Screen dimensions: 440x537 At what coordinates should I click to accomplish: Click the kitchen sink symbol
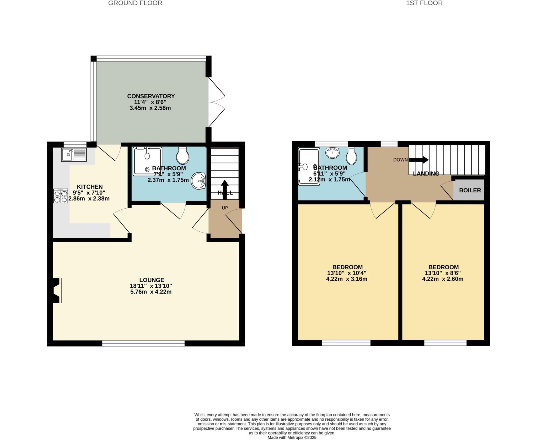(x=74, y=155)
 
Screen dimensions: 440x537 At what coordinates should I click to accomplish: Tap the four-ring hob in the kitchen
(x=61, y=196)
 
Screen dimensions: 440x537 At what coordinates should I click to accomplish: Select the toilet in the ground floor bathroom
(x=183, y=155)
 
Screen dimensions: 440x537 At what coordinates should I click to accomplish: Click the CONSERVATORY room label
(x=151, y=96)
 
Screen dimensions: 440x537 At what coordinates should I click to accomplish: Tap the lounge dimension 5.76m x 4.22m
(x=151, y=292)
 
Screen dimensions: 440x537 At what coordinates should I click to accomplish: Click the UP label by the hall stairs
(x=225, y=208)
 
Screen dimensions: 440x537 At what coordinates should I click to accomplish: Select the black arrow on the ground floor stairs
(x=225, y=189)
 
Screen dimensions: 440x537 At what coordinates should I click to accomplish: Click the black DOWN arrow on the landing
(x=418, y=160)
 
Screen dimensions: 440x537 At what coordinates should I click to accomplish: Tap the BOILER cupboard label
(x=470, y=190)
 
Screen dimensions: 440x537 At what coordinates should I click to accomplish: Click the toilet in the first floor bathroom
(x=351, y=157)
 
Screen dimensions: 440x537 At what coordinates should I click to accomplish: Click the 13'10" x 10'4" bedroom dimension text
(x=347, y=273)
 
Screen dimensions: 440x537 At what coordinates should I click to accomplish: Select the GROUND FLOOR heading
(x=135, y=3)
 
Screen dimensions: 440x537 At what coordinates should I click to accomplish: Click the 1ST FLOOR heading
(x=424, y=3)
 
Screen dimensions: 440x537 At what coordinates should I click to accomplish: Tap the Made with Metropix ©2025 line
(x=292, y=437)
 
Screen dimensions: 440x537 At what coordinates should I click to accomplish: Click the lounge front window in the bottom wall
(x=143, y=343)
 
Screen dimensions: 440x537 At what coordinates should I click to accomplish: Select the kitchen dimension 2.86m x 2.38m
(x=89, y=199)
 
